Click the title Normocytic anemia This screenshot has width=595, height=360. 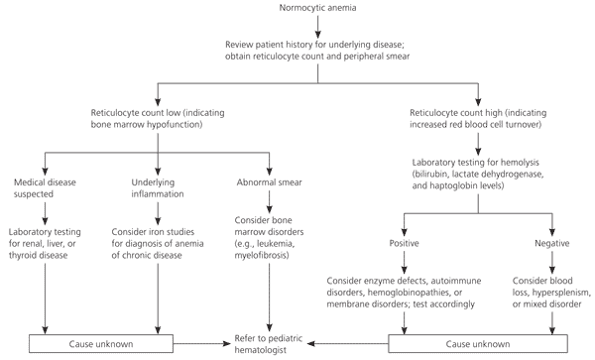pyautogui.click(x=317, y=8)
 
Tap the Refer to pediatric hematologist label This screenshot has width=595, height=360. pyautogui.click(x=269, y=344)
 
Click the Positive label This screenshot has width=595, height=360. pyautogui.click(x=404, y=243)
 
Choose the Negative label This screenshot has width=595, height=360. pyautogui.click(x=552, y=243)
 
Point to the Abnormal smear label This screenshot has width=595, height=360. pyautogui.click(x=269, y=182)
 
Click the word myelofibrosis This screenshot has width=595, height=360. pyautogui.click(x=261, y=255)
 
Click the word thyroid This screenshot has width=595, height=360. pyautogui.click(x=22, y=255)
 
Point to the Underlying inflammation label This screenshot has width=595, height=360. pyautogui.click(x=157, y=188)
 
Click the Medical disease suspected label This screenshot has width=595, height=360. pyautogui.click(x=45, y=188)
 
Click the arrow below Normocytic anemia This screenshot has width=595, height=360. pyautogui.click(x=317, y=27)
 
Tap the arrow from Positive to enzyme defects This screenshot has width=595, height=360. pyautogui.click(x=404, y=262)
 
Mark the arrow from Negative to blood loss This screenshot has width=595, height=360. pyautogui.click(x=552, y=262)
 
